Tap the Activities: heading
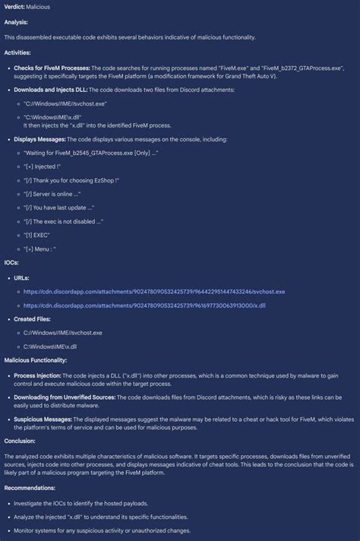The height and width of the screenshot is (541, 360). (17, 52)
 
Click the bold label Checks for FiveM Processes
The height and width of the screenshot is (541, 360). (52, 68)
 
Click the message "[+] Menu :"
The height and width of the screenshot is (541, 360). (41, 248)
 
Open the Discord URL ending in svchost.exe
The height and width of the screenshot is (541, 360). (154, 291)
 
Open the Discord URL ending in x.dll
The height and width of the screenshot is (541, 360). (144, 305)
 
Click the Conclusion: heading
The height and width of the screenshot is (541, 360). (20, 440)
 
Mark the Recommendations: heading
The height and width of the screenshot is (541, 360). (30, 488)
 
